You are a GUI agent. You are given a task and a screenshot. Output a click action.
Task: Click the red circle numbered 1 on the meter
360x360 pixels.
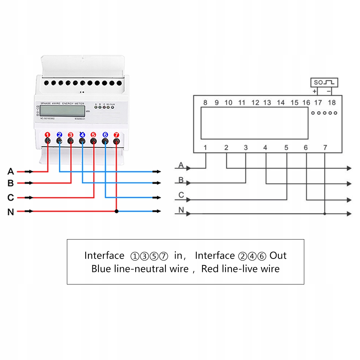[47, 135]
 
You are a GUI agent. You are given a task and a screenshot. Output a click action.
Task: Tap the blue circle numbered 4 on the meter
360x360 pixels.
[82, 135]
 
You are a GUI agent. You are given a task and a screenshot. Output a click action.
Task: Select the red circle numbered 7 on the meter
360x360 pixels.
[116, 135]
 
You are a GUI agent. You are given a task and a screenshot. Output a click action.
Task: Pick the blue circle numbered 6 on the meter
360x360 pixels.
[105, 135]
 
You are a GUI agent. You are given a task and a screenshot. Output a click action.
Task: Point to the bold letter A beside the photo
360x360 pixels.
[11, 172]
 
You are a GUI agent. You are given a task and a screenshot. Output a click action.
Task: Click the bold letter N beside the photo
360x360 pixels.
[11, 212]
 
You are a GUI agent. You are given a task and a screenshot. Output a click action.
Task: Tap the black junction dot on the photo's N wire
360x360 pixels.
[116, 211]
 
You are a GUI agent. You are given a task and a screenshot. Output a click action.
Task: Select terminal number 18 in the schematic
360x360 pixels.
[332, 103]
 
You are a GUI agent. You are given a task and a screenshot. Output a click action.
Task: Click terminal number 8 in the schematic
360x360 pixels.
[205, 103]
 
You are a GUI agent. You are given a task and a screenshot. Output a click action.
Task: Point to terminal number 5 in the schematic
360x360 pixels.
[286, 148]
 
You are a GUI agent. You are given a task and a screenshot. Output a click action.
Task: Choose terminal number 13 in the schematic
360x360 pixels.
[267, 103]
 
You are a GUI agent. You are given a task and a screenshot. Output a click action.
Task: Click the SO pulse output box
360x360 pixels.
[325, 82]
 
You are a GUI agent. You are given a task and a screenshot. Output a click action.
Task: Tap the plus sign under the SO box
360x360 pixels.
[315, 91]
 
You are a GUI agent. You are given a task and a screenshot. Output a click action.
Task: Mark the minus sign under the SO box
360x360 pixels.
[329, 91]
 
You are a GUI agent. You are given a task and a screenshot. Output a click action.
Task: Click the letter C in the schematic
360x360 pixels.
[181, 195]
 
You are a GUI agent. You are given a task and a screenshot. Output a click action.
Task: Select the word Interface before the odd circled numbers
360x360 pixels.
[104, 256]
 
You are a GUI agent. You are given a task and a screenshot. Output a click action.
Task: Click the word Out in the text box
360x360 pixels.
[278, 256]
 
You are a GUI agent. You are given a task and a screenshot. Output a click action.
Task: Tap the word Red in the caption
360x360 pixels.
[209, 269]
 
